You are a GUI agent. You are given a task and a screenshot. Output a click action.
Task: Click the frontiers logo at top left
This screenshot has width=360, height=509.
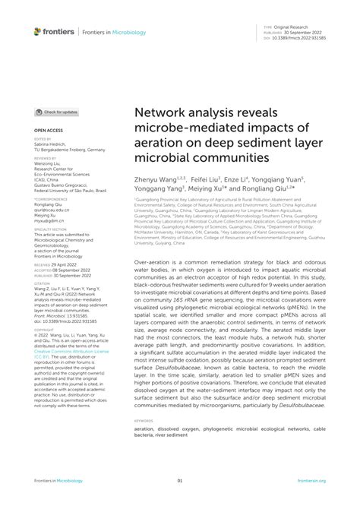tap(54, 31)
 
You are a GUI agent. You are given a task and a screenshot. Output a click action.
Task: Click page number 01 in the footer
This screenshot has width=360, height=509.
tap(180, 481)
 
